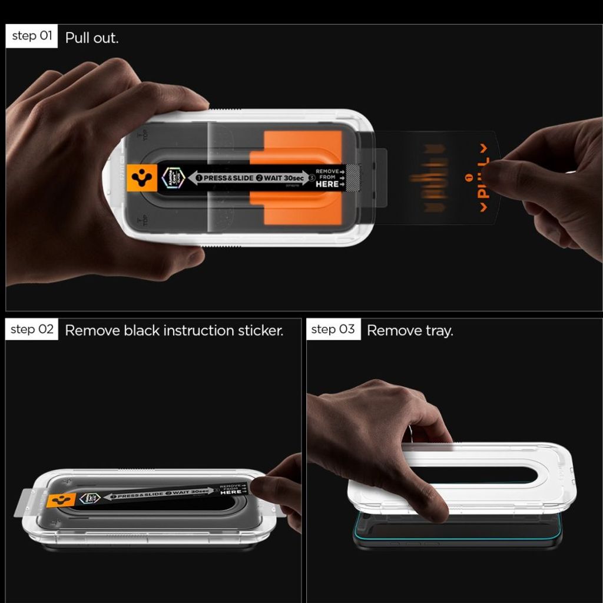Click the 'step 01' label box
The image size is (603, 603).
(32, 37)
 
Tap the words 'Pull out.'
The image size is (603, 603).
(92, 38)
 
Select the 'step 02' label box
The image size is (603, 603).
(32, 330)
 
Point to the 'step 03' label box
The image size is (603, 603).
(333, 330)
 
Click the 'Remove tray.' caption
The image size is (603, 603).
(410, 330)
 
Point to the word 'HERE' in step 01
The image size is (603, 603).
(327, 184)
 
